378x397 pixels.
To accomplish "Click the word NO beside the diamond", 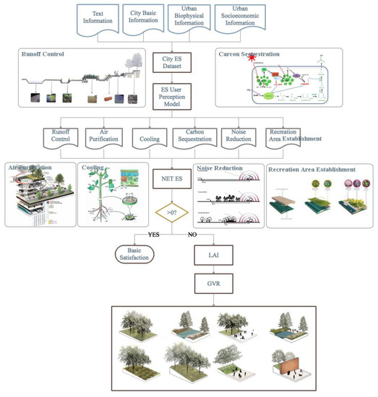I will [x=192, y=235].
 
